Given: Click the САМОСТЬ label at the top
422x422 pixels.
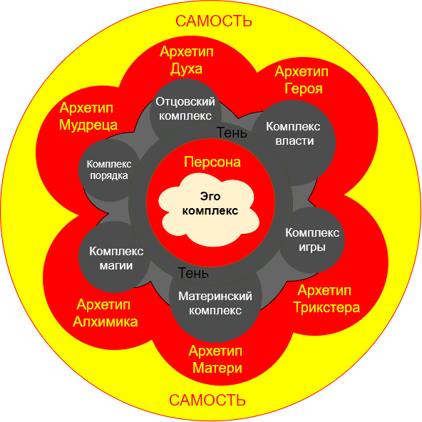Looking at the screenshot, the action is [x=214, y=21].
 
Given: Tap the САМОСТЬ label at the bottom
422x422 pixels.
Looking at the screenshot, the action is [x=207, y=400].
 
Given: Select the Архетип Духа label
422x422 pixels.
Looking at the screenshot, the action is [x=187, y=60].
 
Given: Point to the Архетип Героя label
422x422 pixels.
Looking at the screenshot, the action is [x=302, y=81].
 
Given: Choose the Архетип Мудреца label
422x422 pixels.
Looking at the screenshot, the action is [x=88, y=116].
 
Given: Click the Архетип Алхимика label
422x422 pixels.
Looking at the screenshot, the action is [x=105, y=313].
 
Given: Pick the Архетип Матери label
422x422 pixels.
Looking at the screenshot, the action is [x=215, y=360].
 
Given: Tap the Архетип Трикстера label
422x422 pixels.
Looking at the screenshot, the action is [x=326, y=299].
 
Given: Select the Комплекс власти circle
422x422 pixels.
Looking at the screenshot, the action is [x=294, y=143].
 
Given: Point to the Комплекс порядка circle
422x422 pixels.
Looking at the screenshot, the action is [x=110, y=170].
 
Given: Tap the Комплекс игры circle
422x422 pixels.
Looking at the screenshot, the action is [x=312, y=240].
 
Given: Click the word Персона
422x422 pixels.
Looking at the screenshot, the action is [x=212, y=163].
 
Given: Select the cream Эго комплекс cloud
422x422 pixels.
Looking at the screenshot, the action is [x=209, y=210].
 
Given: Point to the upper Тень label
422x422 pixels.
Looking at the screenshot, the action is [x=232, y=133].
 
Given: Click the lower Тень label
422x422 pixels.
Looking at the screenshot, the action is [x=193, y=273].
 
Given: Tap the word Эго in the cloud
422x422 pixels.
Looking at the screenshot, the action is [x=210, y=197].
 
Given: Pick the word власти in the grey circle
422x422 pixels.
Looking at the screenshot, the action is [x=294, y=140].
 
